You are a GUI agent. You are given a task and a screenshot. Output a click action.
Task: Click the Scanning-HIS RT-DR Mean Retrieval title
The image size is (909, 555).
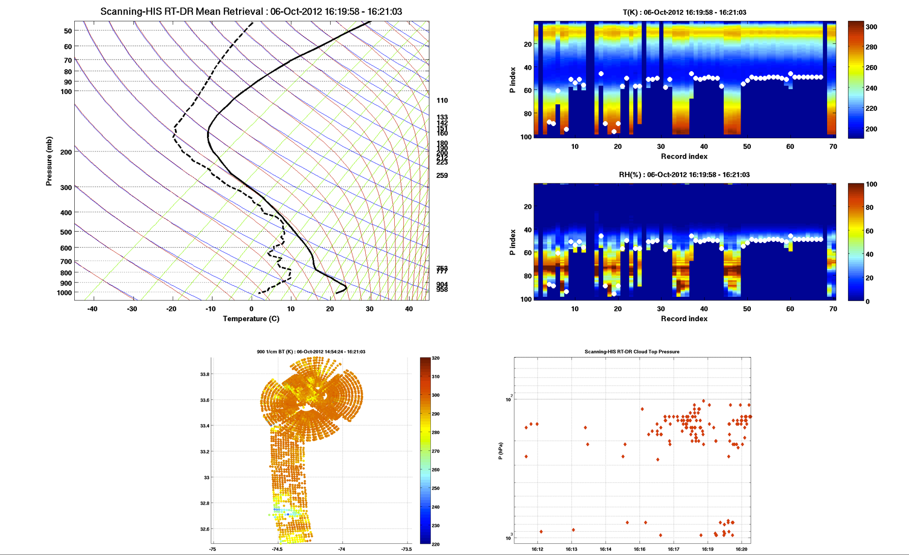click(x=251, y=12)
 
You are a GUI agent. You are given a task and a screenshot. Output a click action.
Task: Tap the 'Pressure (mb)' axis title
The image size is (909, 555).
click(x=49, y=161)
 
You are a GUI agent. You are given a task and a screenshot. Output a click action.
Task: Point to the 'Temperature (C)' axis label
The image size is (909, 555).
click(x=251, y=319)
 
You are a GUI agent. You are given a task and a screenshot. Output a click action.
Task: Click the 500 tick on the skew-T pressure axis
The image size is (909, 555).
click(x=66, y=232)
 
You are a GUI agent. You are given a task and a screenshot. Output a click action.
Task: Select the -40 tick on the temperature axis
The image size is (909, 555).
click(x=92, y=309)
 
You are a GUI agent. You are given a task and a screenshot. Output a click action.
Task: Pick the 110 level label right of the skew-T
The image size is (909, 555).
click(x=442, y=101)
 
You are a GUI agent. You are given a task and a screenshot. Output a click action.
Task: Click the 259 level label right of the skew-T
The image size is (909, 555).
click(x=442, y=175)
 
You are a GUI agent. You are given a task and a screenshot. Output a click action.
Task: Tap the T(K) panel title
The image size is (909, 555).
click(x=684, y=12)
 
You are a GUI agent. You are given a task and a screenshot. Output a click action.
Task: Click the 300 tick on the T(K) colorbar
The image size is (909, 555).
click(x=871, y=27)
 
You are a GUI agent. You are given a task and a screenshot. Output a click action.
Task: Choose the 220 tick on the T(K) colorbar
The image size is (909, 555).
click(x=871, y=108)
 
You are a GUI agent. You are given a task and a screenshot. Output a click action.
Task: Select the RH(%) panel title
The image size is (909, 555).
click(x=684, y=175)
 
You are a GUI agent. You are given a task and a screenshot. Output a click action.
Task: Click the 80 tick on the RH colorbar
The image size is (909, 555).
click(x=869, y=207)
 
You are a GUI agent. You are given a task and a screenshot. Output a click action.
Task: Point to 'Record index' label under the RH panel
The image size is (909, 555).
click(x=684, y=319)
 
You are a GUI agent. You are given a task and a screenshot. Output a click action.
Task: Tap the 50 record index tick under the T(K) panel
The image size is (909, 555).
click(x=747, y=146)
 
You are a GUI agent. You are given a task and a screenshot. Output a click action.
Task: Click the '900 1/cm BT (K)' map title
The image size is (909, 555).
click(x=311, y=352)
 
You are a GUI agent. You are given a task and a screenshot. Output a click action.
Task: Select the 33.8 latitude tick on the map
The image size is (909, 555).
click(x=204, y=375)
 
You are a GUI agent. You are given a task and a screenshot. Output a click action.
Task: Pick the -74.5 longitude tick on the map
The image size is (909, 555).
click(x=277, y=549)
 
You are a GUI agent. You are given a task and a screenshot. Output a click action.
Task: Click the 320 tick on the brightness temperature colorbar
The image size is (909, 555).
click(x=435, y=358)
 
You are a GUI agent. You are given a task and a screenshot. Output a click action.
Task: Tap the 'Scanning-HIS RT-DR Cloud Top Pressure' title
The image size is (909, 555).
click(x=632, y=352)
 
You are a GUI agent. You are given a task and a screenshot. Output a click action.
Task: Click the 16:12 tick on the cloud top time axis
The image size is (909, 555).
click(x=538, y=549)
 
